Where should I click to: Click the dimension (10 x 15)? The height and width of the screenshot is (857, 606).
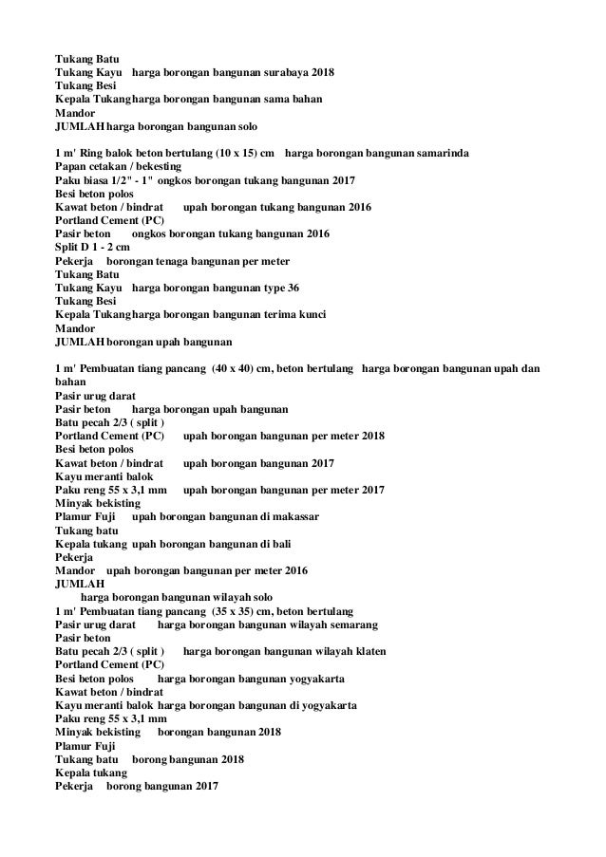[x=241, y=153]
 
